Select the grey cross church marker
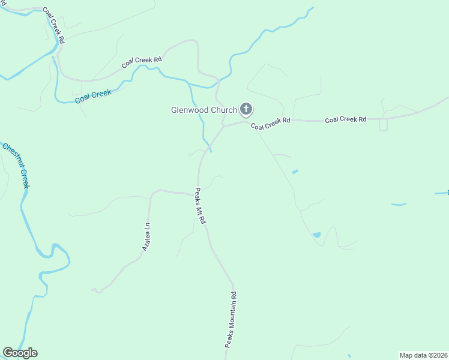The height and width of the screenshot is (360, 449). (246, 109)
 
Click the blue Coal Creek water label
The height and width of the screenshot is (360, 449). (94, 96)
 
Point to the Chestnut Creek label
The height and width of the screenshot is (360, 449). (16, 165)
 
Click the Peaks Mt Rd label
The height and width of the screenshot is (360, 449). (200, 206)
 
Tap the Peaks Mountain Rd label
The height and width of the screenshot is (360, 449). (232, 319)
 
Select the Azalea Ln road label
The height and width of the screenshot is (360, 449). (146, 237)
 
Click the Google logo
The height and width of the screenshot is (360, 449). (20, 353)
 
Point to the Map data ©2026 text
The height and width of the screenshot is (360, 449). (423, 355)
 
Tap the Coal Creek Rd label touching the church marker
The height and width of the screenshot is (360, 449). (270, 124)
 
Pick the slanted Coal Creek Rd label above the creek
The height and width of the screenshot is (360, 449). (142, 62)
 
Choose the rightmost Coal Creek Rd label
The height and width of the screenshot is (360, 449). (345, 119)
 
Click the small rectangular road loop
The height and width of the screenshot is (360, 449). (383, 125)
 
